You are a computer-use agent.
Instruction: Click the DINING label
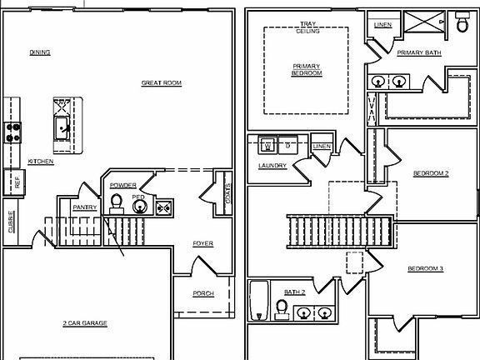[40, 52]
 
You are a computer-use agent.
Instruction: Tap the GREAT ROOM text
[161, 83]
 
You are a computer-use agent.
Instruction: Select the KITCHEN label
[41, 162]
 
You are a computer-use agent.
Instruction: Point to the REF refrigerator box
[16, 182]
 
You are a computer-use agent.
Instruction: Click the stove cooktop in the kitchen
[13, 131]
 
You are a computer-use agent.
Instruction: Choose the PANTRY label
[84, 207]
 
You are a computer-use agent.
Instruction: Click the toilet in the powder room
[117, 202]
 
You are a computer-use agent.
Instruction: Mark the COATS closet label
[227, 193]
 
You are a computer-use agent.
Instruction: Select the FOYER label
[202, 244]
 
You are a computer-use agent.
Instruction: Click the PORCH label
[202, 293]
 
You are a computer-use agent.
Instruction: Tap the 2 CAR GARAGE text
[85, 323]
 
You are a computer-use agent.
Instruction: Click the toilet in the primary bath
[463, 24]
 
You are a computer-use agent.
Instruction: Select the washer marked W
[267, 146]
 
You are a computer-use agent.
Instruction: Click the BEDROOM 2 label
[431, 173]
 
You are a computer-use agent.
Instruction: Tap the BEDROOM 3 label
[425, 268]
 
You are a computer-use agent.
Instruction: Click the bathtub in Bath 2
[259, 300]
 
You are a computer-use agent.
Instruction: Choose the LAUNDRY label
[272, 166]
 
